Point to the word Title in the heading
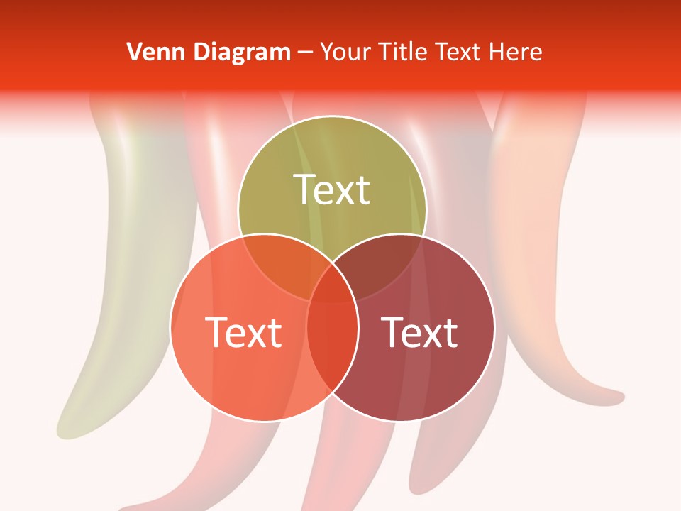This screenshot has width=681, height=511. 402,52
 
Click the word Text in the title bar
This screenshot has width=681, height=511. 461,52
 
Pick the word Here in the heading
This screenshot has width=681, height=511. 519,52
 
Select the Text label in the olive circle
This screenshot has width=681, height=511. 332,189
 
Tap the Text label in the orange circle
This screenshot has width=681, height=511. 243,332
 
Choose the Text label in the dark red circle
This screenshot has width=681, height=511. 420,332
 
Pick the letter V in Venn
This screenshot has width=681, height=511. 134,52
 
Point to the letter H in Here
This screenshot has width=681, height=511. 502,52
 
